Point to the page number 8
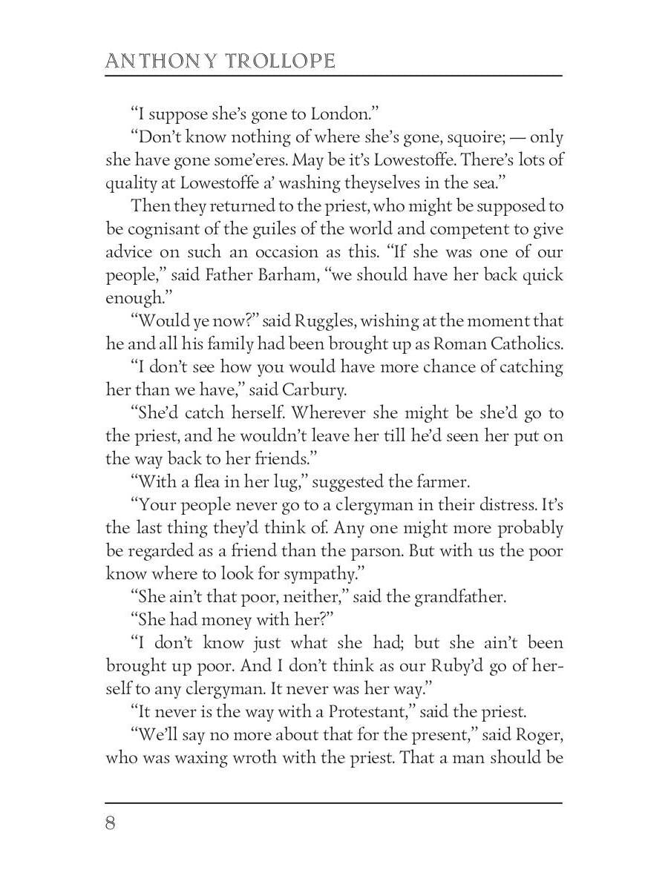tap(111, 824)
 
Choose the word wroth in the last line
tap(284, 757)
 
